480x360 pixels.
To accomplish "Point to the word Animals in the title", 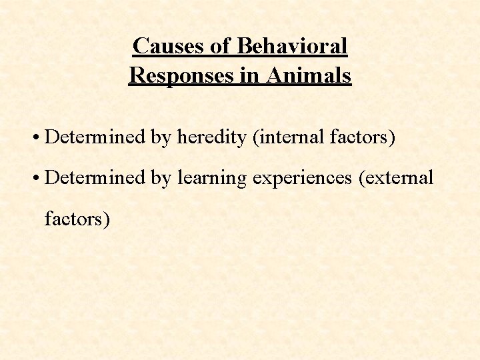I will pyautogui.click(x=309, y=75).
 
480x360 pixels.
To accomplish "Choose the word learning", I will pyautogui.click(x=211, y=178).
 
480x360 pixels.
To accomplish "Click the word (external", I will pyautogui.click(x=396, y=178).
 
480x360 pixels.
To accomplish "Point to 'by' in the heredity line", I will pyautogui.click(x=161, y=138).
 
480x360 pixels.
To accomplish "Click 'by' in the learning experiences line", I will pyautogui.click(x=161, y=178).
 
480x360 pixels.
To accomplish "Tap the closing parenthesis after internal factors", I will pyautogui.click(x=393, y=138).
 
